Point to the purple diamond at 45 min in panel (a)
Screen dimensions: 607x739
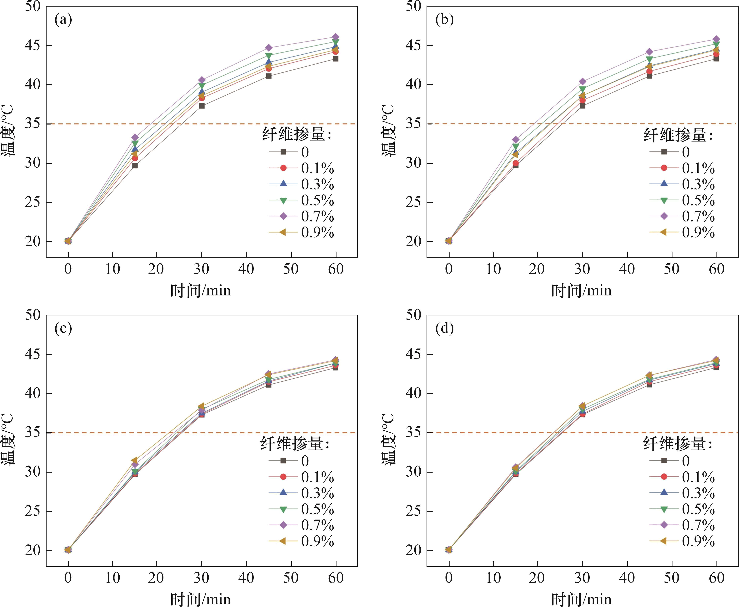pos(268,48)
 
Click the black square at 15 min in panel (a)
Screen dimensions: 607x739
pos(135,165)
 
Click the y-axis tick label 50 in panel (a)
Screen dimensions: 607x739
pos(33,6)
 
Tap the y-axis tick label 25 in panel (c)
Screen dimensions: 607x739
pos(33,511)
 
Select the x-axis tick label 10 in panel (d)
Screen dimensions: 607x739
pos(493,578)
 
